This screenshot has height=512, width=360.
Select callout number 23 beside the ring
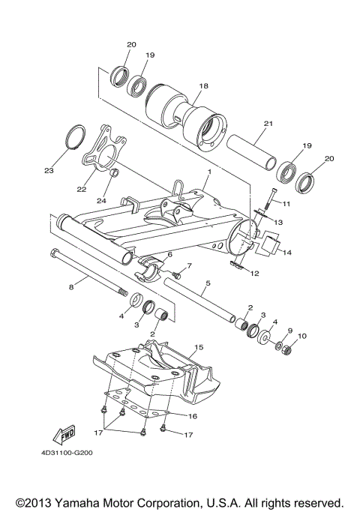click(x=49, y=171)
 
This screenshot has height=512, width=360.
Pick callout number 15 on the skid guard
click(x=199, y=348)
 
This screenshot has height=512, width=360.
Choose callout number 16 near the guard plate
click(x=192, y=415)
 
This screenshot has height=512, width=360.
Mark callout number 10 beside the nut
click(x=302, y=335)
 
